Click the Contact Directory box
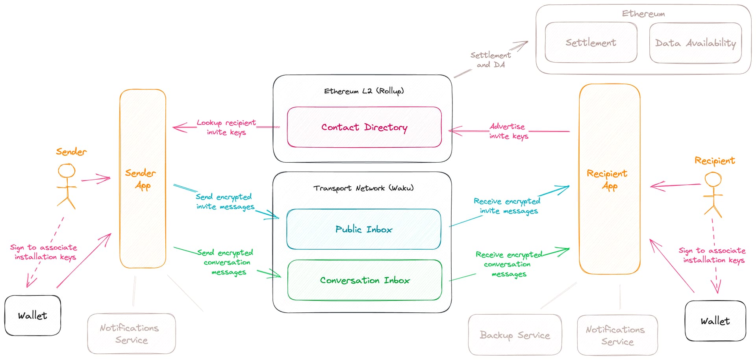[364, 127]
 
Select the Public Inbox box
[364, 229]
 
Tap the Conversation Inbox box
[365, 280]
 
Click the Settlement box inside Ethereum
[591, 43]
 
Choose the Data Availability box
[695, 43]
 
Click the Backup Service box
[515, 335]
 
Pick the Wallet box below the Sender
[33, 315]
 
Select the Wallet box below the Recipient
[715, 321]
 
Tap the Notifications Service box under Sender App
[131, 334]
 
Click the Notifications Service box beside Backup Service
[617, 335]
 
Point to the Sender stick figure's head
[67, 171]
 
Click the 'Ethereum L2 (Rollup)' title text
[364, 91]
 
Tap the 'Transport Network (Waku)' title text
[363, 188]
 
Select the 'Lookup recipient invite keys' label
[226, 127]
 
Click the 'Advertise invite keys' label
[508, 131]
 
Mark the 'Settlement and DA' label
[491, 60]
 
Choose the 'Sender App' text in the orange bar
[141, 179]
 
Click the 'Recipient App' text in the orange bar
[607, 179]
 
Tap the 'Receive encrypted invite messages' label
[508, 206]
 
